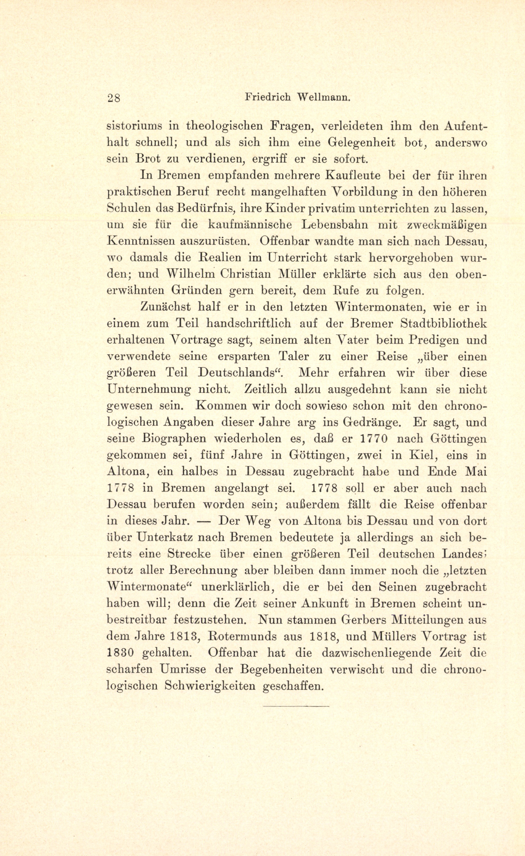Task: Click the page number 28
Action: pos(114,99)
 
